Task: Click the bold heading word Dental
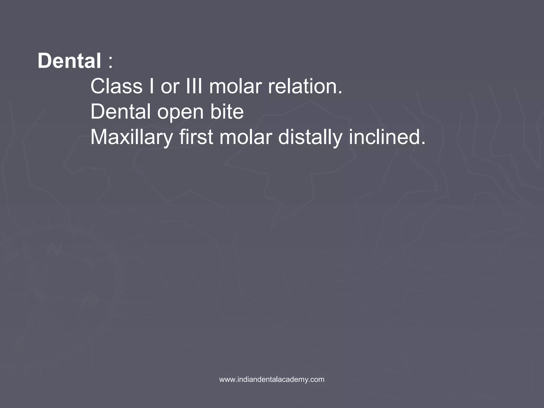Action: pyautogui.click(x=69, y=61)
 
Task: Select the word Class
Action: pyautogui.click(x=116, y=86)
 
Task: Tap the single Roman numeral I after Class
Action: pyautogui.click(x=151, y=86)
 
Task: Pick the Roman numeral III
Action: pyautogui.click(x=194, y=86)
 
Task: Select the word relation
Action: pyautogui.click(x=305, y=86)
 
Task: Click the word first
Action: pyautogui.click(x=196, y=137)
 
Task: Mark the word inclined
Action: pyautogui.click(x=384, y=137)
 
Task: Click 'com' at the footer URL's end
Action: pyautogui.click(x=319, y=380)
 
